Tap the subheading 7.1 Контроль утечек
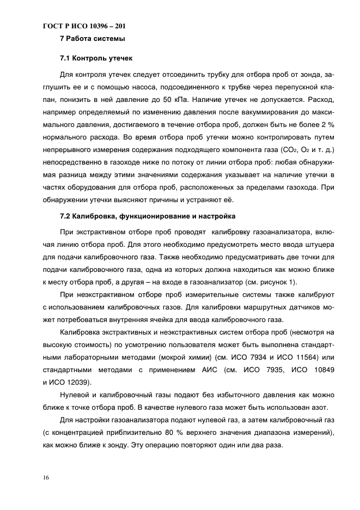click(96, 58)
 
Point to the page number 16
click(45, 478)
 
